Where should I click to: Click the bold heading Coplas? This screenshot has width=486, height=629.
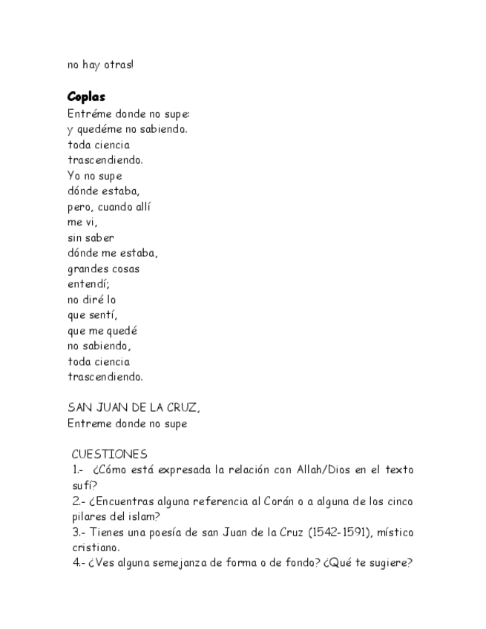pyautogui.click(x=86, y=97)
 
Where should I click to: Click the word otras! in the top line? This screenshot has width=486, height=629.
pyautogui.click(x=119, y=65)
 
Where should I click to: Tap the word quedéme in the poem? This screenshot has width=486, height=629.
pyautogui.click(x=102, y=129)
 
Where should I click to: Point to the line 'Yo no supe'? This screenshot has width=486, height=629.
pyautogui.click(x=94, y=176)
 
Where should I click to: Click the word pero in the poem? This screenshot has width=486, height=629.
pyautogui.click(x=79, y=207)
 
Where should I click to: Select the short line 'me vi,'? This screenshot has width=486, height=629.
pyautogui.click(x=82, y=223)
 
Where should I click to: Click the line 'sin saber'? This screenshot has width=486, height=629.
pyautogui.click(x=91, y=238)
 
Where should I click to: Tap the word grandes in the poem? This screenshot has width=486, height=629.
pyautogui.click(x=88, y=269)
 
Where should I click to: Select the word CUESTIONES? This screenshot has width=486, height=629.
pyautogui.click(x=109, y=454)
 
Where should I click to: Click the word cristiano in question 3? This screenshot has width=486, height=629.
pyautogui.click(x=93, y=547)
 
